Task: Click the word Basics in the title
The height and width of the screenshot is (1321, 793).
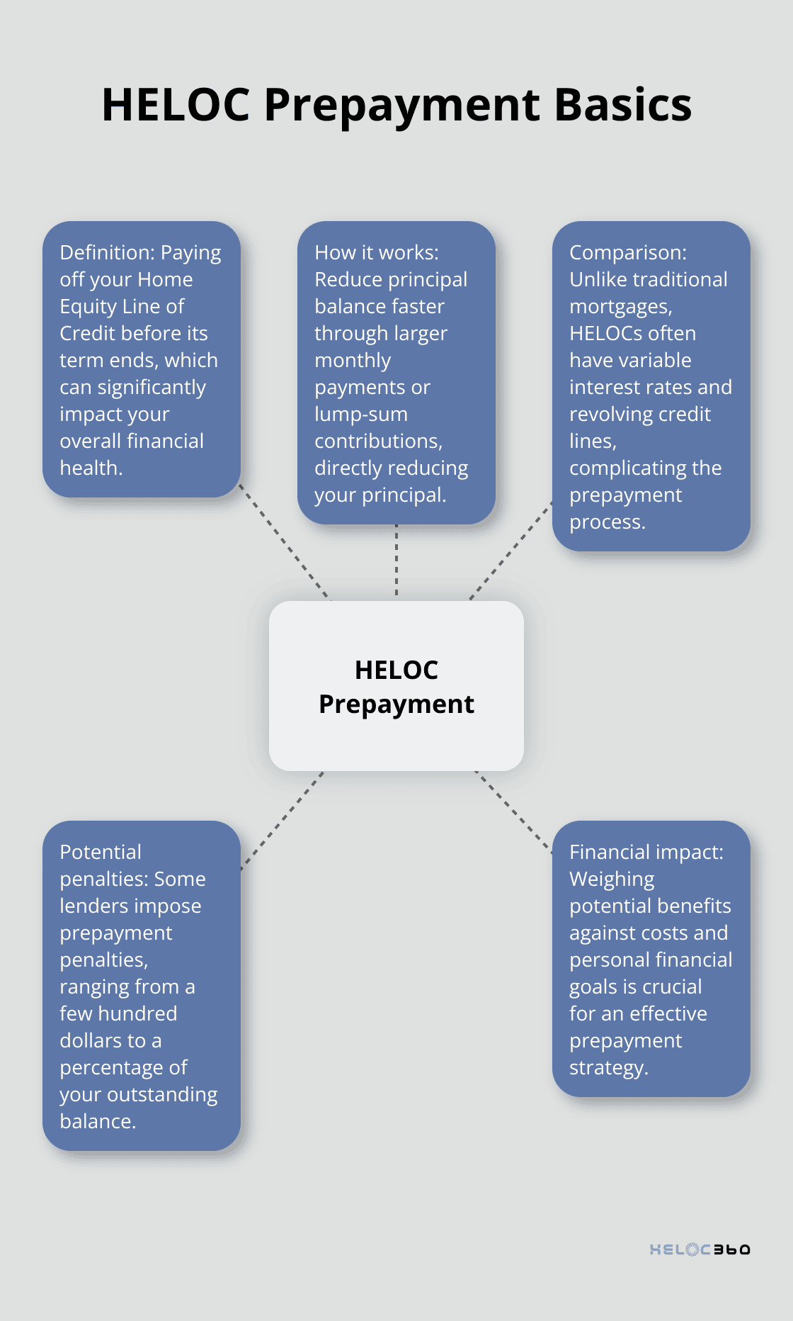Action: point(622,105)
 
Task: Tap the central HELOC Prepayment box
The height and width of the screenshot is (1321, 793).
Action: point(396,686)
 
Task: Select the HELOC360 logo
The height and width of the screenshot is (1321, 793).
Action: point(700,1249)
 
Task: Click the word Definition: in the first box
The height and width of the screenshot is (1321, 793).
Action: point(107,253)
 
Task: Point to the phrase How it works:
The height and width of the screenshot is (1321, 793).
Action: point(376,253)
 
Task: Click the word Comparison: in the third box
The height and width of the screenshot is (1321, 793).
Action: point(627,253)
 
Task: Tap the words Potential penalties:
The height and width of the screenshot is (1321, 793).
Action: point(113,865)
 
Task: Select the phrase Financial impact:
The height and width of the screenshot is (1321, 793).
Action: point(646,853)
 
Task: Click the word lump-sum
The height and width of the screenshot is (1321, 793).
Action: point(360,415)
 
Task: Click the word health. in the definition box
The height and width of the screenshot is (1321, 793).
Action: point(91,468)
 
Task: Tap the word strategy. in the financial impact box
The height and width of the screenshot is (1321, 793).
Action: point(608,1068)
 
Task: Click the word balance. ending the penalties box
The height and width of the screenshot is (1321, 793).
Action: point(98,1122)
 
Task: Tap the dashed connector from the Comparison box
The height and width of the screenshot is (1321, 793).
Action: point(510,551)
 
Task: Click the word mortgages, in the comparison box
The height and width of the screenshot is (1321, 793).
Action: point(620,307)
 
